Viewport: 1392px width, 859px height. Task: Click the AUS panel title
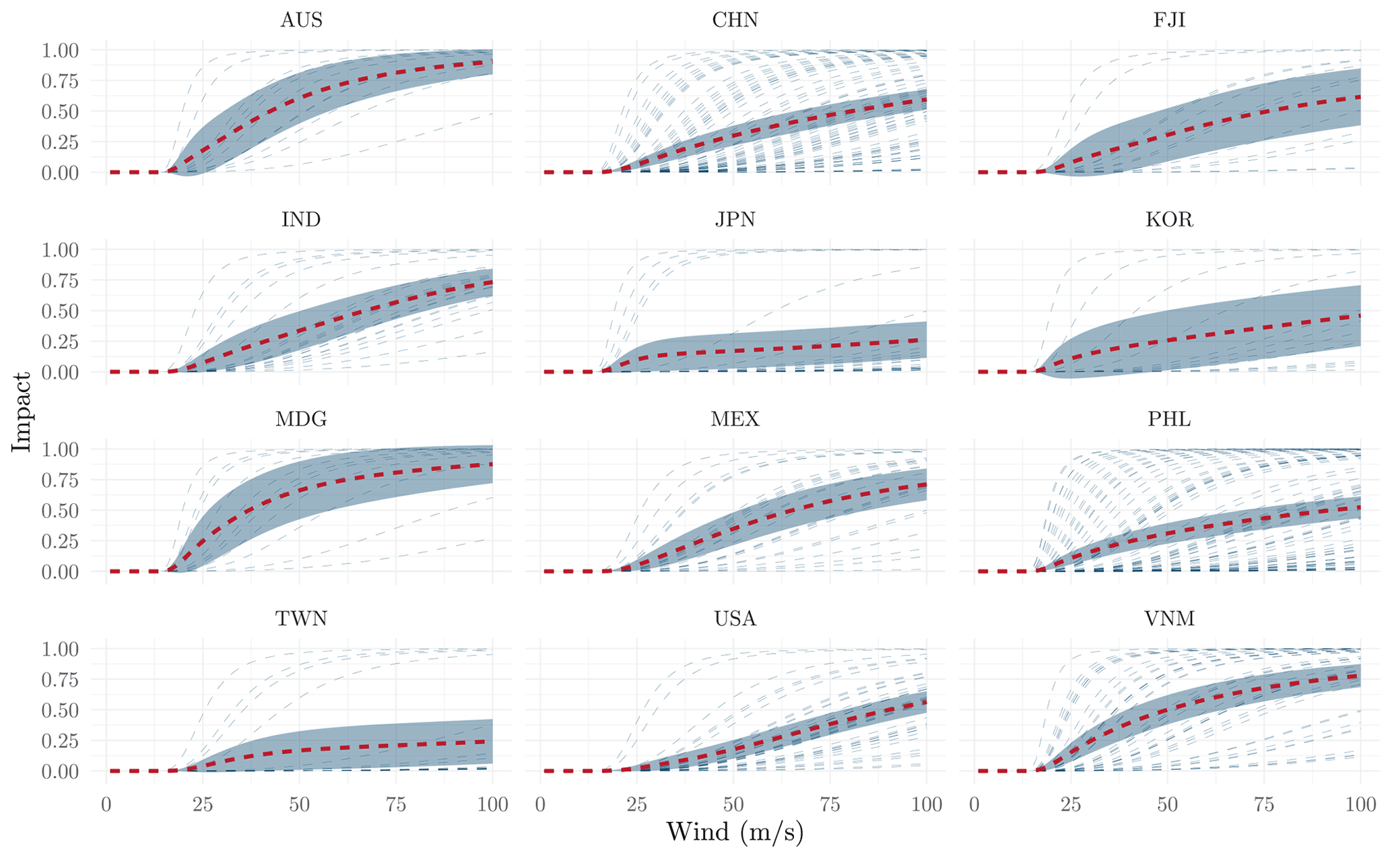point(301,20)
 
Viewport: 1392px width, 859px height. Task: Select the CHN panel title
point(735,20)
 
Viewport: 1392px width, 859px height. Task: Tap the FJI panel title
point(1169,20)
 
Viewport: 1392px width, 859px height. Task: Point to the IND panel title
point(301,220)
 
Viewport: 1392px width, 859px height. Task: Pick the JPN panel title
point(735,220)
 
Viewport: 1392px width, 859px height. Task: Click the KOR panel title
point(1169,220)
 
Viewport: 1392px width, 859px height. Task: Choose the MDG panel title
point(301,419)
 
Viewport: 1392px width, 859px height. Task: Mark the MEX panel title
point(735,419)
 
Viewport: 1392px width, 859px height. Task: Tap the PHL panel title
point(1169,419)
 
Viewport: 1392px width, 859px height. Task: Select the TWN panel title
point(301,618)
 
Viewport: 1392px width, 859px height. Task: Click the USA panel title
point(735,618)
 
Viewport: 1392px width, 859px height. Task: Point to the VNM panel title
point(1169,618)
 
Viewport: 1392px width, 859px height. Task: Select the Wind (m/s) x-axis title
point(735,833)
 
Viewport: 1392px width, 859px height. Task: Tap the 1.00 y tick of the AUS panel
point(60,51)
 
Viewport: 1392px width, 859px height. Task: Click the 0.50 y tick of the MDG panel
point(60,511)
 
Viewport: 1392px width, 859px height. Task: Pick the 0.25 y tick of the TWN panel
point(60,740)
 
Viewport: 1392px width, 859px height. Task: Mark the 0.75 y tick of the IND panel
point(60,281)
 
